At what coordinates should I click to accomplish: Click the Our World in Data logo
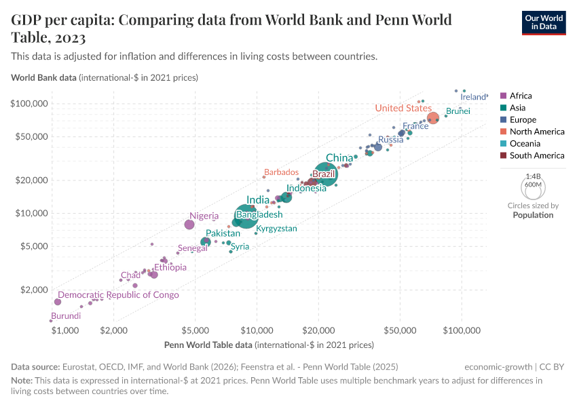(543, 22)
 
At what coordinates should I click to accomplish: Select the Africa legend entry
(520, 96)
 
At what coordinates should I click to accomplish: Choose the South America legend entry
(536, 155)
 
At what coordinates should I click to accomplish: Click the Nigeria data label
(204, 216)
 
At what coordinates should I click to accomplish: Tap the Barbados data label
(281, 172)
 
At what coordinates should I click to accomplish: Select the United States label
(403, 108)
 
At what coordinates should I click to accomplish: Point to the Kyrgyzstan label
(276, 229)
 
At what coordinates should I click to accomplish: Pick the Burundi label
(66, 316)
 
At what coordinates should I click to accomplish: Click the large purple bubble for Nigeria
(189, 225)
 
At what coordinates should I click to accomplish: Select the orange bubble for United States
(433, 118)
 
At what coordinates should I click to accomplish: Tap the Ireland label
(473, 97)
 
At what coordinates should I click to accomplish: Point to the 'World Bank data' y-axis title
(43, 77)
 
